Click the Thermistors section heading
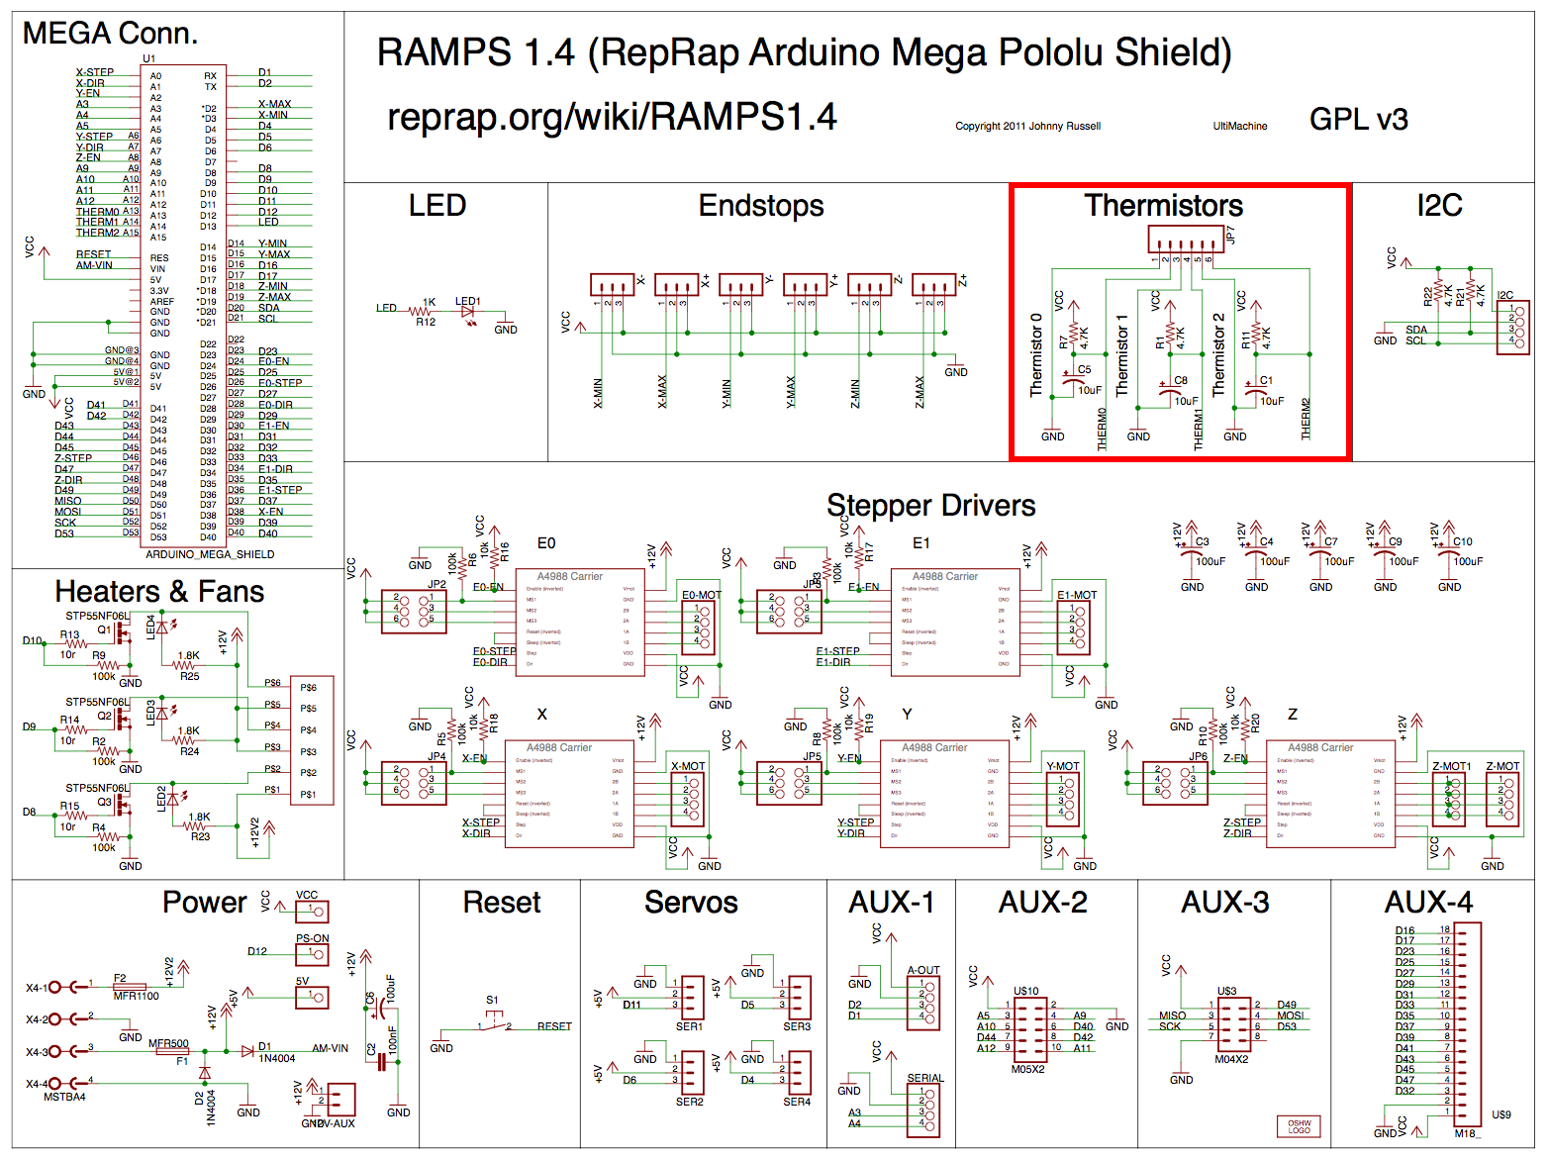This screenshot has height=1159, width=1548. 1163,206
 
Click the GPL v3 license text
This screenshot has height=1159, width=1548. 1358,120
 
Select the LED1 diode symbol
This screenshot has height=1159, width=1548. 468,312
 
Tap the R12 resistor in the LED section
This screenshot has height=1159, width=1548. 426,312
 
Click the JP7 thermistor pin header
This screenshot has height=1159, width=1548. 1186,240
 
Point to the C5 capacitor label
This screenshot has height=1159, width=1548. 1085,370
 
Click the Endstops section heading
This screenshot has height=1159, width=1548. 760,206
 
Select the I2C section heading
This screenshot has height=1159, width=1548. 1439,206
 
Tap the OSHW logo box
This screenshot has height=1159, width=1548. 1299,1126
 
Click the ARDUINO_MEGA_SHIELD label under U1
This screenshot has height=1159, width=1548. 210,554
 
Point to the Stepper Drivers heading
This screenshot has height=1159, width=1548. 930,506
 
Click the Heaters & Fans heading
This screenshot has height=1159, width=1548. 159,592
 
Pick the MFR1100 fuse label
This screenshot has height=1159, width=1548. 136,996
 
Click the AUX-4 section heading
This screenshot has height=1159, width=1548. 1427,903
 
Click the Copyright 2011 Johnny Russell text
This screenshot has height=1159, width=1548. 1027,127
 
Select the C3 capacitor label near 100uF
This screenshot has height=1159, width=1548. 1203,541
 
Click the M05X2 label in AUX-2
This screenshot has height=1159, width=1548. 1027,1069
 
